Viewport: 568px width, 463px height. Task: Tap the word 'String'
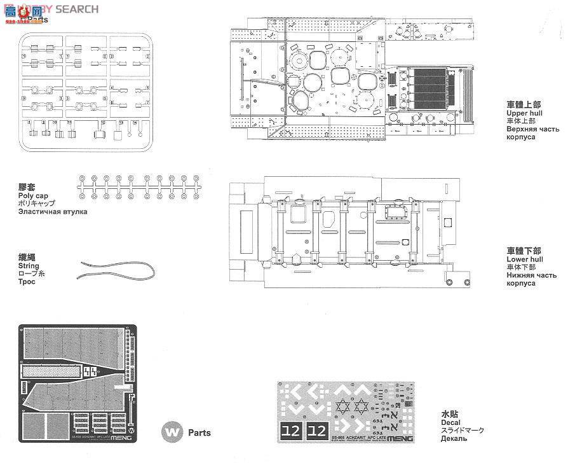pos(29,266)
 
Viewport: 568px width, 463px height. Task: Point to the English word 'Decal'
pos(450,422)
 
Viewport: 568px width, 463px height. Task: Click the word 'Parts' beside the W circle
pos(199,432)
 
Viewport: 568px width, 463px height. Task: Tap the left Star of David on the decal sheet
pos(344,405)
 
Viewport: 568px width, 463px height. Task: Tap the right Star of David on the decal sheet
pos(363,405)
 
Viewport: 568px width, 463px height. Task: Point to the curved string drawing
pos(114,271)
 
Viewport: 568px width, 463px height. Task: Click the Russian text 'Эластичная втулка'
pos(53,212)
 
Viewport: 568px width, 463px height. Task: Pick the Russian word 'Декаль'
pos(454,438)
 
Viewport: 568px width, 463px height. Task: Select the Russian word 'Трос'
pos(27,282)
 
